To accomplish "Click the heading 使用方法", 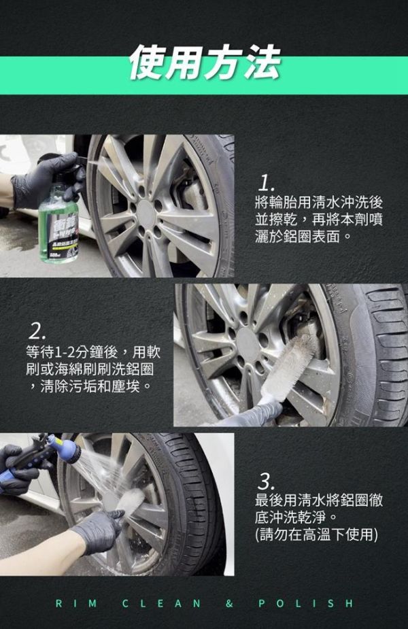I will [x=203, y=63].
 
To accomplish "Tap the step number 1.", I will [x=267, y=182].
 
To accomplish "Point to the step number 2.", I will [x=37, y=331].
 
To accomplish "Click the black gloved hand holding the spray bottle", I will [x=41, y=180].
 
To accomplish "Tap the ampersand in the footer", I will [x=229, y=603].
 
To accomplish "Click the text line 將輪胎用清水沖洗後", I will [x=318, y=202].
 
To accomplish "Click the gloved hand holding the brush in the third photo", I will [x=101, y=530].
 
